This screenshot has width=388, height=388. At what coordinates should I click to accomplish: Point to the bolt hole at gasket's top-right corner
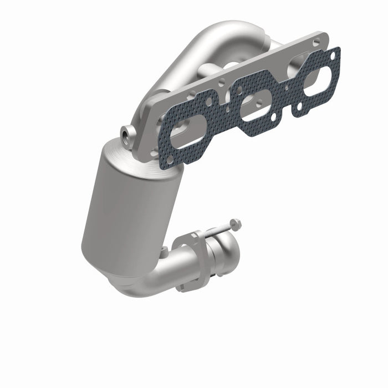[x=332, y=55]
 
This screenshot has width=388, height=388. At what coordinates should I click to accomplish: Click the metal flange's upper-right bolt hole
[x=316, y=42]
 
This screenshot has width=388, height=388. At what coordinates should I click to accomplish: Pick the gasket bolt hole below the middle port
[x=271, y=119]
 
